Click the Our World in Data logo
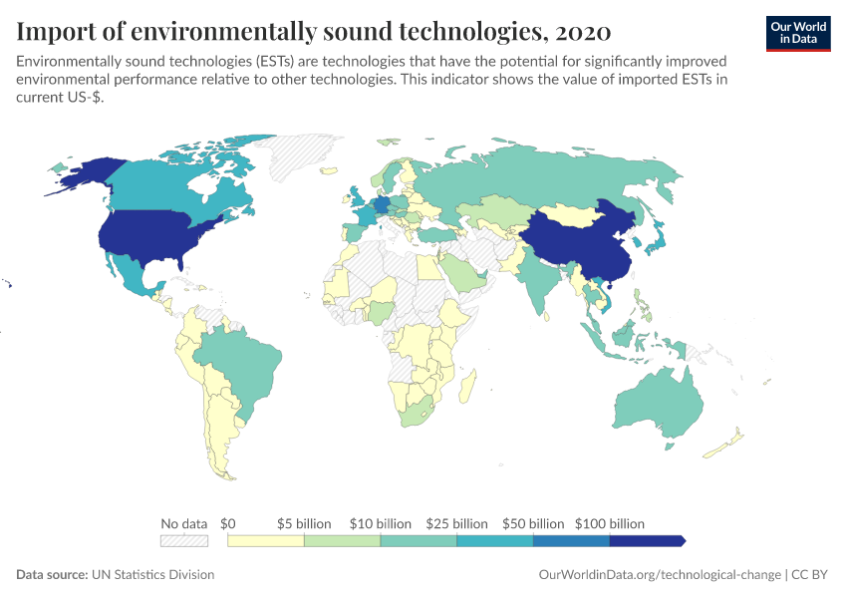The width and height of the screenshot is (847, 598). tap(798, 33)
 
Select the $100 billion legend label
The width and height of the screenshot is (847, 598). tap(610, 523)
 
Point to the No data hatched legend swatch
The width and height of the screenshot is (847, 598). tap(184, 540)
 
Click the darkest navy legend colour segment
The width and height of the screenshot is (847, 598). tap(646, 540)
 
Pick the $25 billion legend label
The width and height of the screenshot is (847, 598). tap(457, 523)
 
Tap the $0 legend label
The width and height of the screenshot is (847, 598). tap(227, 523)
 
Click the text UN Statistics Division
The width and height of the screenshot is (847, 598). tap(151, 575)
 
